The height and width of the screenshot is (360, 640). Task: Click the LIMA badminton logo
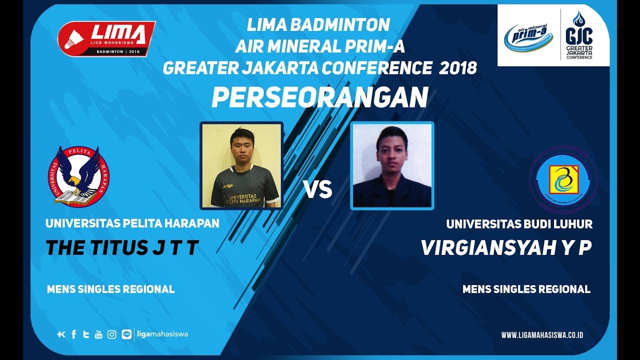tap(106, 38)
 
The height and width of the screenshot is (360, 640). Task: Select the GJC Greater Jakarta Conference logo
tap(579, 36)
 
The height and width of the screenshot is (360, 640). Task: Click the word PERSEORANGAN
tap(319, 98)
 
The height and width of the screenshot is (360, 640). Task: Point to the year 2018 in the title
tap(458, 68)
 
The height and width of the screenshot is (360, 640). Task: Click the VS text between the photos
tap(318, 190)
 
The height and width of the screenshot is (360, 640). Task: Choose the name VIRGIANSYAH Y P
tap(506, 248)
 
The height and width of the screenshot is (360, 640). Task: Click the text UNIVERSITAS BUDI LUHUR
tap(519, 224)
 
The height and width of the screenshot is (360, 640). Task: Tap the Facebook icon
tap(74, 334)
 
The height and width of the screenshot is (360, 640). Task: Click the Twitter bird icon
tap(86, 334)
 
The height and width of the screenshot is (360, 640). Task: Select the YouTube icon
tap(98, 334)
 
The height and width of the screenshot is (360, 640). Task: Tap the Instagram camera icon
tap(112, 334)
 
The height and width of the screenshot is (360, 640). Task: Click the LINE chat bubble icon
tap(126, 334)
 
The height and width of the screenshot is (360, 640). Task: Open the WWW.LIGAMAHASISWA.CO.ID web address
tap(542, 335)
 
